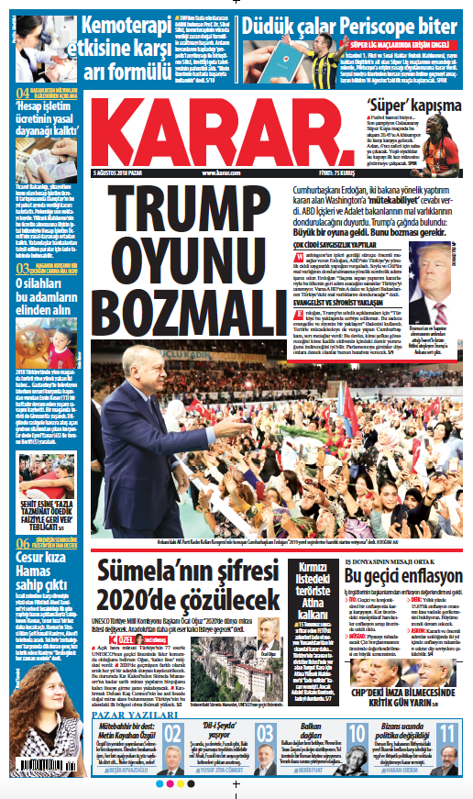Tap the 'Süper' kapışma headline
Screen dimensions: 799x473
pos(399,104)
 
